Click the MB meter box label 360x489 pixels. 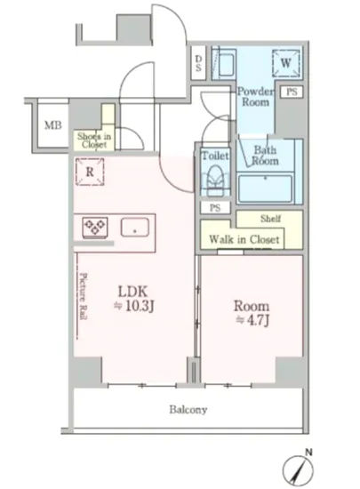53,125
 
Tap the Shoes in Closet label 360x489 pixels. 94,140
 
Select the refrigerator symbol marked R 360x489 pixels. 90,172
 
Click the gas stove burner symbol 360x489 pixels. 95,228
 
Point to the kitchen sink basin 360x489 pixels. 135,228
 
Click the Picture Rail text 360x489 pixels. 84,296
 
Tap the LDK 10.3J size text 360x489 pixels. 134,299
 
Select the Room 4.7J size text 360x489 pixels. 252,313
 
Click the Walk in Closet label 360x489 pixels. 244,239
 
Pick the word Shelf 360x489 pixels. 270,219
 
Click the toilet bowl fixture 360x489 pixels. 215,180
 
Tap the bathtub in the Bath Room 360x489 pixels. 265,188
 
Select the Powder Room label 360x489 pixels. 256,97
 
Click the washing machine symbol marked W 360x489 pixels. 286,63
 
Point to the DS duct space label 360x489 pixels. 198,63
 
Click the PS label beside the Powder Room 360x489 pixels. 292,92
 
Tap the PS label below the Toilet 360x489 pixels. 215,208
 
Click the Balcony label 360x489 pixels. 188,410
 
